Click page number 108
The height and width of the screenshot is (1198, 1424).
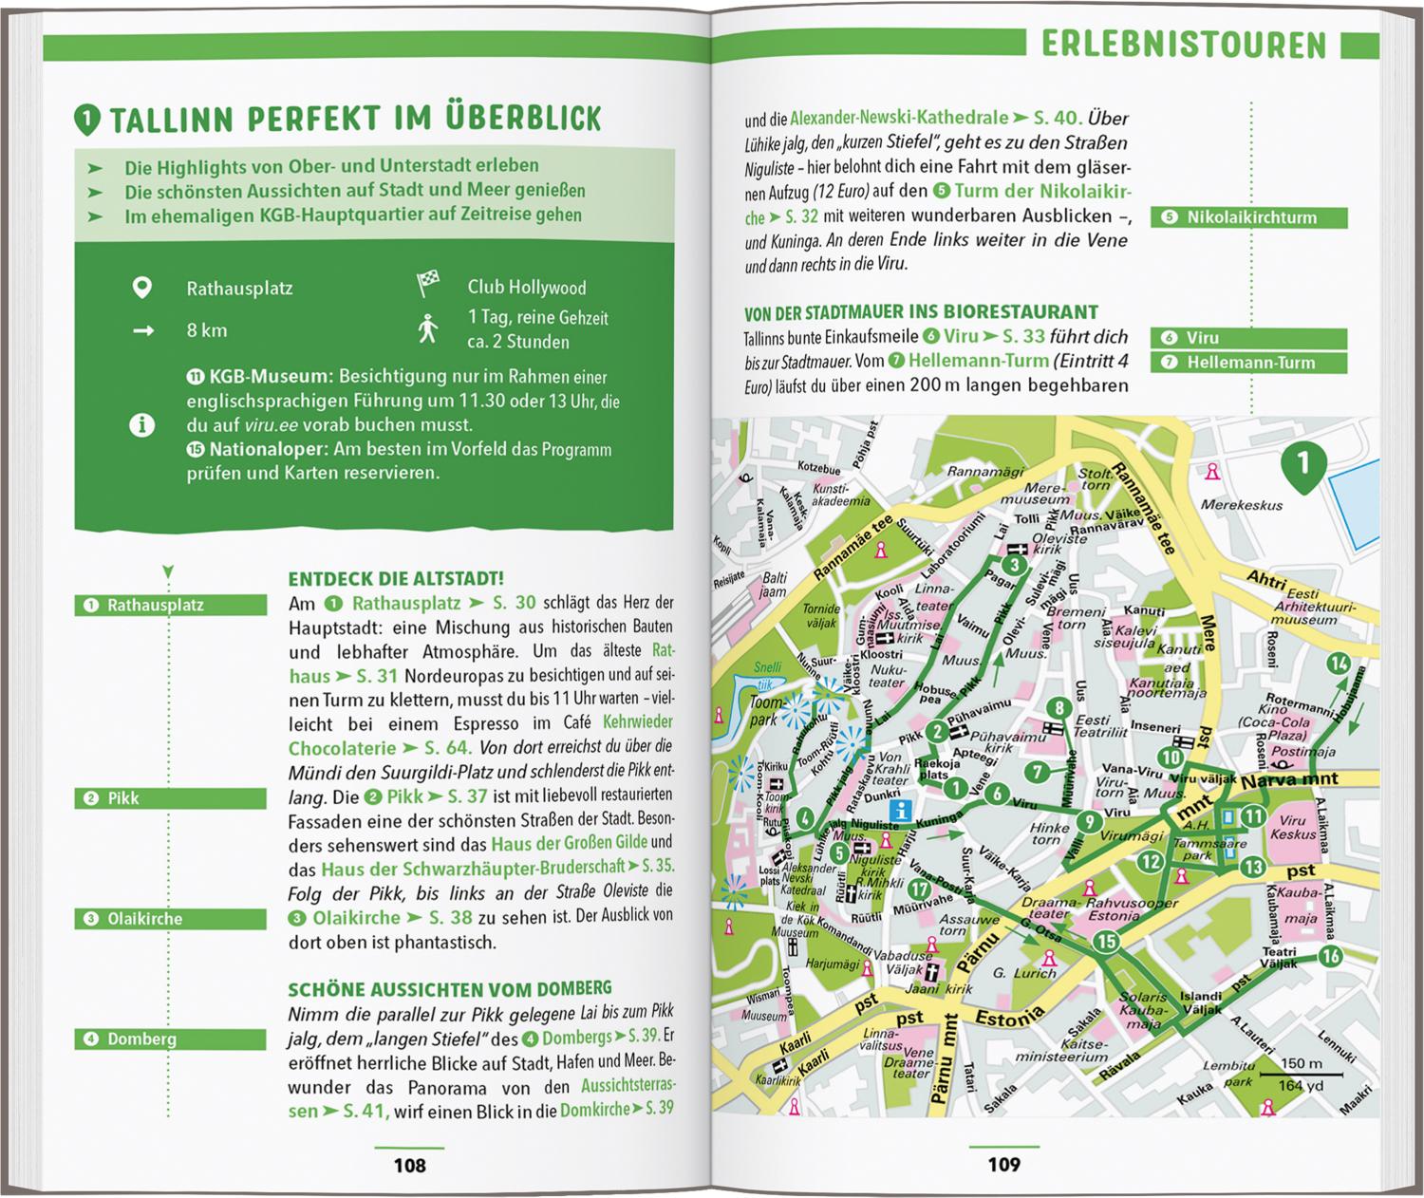click(x=410, y=1165)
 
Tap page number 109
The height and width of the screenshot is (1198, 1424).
click(x=1003, y=1164)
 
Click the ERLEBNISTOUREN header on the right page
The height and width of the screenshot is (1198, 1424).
click(x=1183, y=45)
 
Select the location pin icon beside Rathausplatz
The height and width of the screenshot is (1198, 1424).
click(x=142, y=288)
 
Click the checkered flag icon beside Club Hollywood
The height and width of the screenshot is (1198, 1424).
click(x=428, y=286)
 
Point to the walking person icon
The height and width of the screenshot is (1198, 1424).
click(x=428, y=328)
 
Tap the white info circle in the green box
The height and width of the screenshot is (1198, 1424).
click(x=142, y=425)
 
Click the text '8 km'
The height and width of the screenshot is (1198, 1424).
click(x=207, y=330)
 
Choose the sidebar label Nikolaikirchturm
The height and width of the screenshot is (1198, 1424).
click(x=1249, y=217)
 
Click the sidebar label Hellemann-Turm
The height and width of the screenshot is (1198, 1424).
click(x=1249, y=363)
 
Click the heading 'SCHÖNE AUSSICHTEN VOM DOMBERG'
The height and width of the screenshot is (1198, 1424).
click(x=450, y=988)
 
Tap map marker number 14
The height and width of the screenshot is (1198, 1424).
click(x=1339, y=664)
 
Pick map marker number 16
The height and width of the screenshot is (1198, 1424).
click(x=1330, y=956)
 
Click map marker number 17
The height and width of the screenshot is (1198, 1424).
click(x=918, y=889)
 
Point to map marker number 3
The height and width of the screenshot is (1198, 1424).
click(x=1015, y=566)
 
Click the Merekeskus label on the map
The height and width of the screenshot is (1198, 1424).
click(x=1241, y=505)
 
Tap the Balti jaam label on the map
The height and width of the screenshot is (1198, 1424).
click(x=775, y=585)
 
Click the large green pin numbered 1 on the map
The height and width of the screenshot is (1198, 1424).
click(x=1302, y=464)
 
